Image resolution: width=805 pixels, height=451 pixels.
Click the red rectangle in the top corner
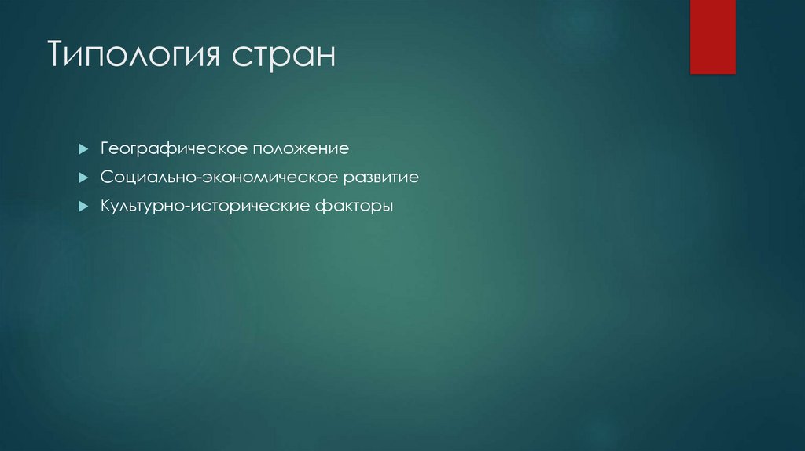(712, 36)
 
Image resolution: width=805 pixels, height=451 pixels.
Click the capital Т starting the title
(57, 57)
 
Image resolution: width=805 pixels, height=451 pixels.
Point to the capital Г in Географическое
(104, 148)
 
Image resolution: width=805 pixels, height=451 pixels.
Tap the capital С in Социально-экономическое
(105, 178)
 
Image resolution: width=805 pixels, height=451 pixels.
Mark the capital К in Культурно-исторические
(105, 207)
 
